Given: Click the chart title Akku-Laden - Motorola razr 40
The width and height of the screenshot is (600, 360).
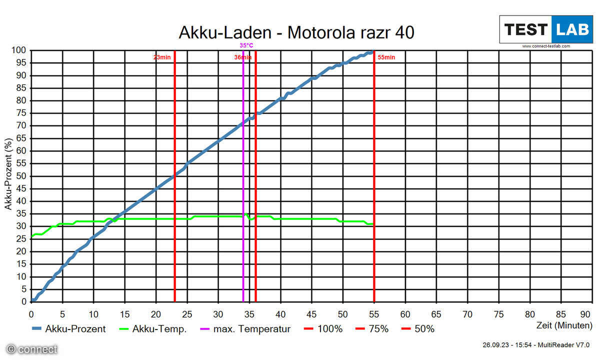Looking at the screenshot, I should click(296, 33).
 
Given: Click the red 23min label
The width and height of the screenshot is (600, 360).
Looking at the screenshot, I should click(162, 57).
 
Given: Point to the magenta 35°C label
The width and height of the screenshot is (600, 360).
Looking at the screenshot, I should click(246, 45).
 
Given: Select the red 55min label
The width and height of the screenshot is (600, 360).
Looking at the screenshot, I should click(386, 57).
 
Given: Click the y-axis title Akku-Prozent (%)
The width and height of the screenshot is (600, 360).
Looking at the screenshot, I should click(8, 175).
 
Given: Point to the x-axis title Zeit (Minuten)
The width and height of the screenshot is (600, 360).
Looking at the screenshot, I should click(564, 324).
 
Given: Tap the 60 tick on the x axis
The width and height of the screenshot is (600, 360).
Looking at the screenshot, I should click(405, 314).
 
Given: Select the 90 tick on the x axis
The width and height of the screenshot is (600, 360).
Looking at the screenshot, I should click(584, 314).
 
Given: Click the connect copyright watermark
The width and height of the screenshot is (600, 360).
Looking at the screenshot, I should click(32, 349).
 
